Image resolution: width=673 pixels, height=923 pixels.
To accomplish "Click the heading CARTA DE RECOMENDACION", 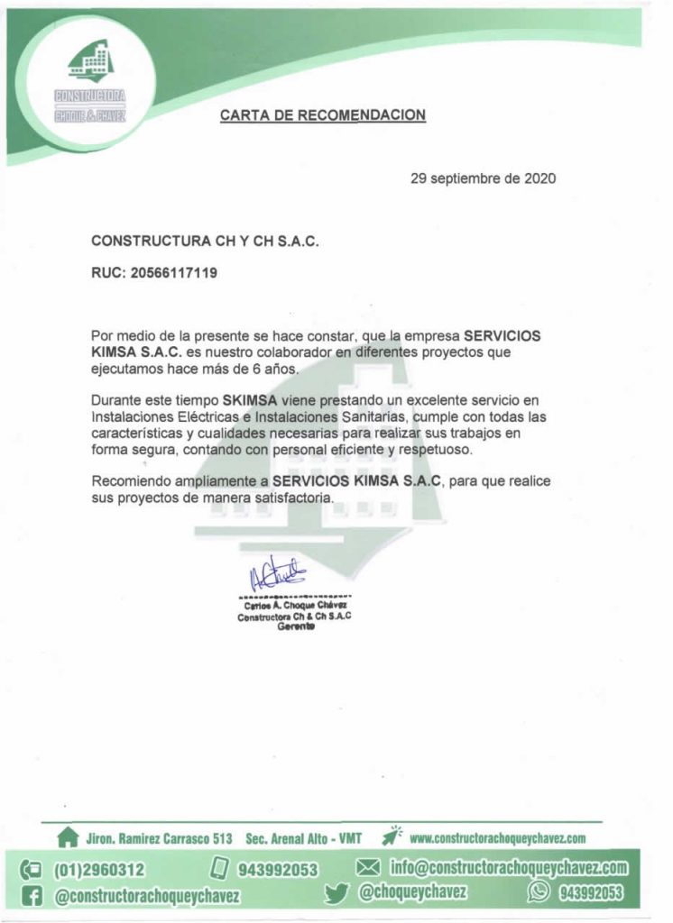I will coord(322,115).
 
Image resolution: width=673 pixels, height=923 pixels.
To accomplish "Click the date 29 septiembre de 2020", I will coord(483,178).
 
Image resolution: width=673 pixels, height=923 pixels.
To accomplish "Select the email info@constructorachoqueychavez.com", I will coord(508,868).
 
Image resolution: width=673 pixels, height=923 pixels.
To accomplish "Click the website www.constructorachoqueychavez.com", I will coord(498,838).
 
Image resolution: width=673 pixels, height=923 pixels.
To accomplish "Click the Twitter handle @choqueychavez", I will coord(412,892).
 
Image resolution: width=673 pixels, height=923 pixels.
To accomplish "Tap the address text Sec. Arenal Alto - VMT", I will coord(303,838).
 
